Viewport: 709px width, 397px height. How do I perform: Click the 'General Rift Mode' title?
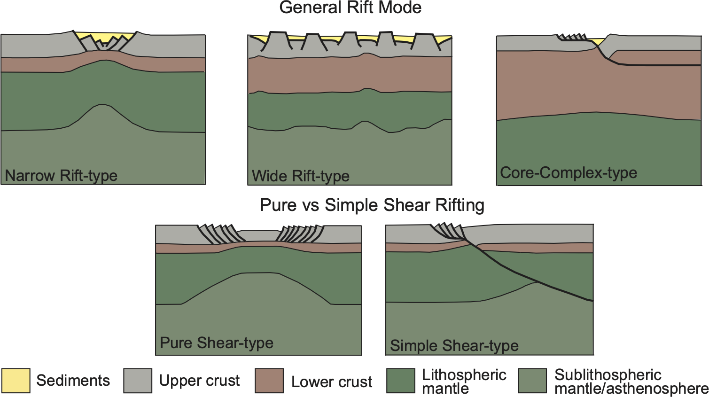pyautogui.click(x=350, y=8)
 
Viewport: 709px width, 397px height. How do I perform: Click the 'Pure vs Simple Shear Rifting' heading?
pyautogui.click(x=372, y=205)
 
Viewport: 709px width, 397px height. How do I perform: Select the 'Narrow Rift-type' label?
pyautogui.click(x=61, y=176)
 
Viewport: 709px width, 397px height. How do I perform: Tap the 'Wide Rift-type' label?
pyautogui.click(x=301, y=176)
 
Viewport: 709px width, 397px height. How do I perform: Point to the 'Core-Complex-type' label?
pyautogui.click(x=569, y=173)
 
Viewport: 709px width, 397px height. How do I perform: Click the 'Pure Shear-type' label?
pyautogui.click(x=217, y=343)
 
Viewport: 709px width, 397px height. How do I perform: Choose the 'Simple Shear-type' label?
pyautogui.click(x=454, y=346)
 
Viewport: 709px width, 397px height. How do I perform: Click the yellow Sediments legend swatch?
pyautogui.click(x=16, y=381)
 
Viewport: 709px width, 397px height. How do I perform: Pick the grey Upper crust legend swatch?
pyautogui.click(x=138, y=381)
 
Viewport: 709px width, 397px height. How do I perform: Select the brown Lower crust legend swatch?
pyautogui.click(x=269, y=381)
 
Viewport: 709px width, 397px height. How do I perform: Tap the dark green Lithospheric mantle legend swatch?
pyautogui.click(x=401, y=381)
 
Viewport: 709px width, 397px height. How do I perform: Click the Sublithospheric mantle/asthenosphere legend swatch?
pyautogui.click(x=532, y=381)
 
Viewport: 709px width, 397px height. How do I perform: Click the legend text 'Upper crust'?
pyautogui.click(x=199, y=381)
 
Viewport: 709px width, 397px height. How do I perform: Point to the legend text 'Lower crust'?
pyautogui.click(x=332, y=382)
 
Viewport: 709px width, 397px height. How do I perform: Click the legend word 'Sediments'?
pyautogui.click(x=73, y=381)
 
